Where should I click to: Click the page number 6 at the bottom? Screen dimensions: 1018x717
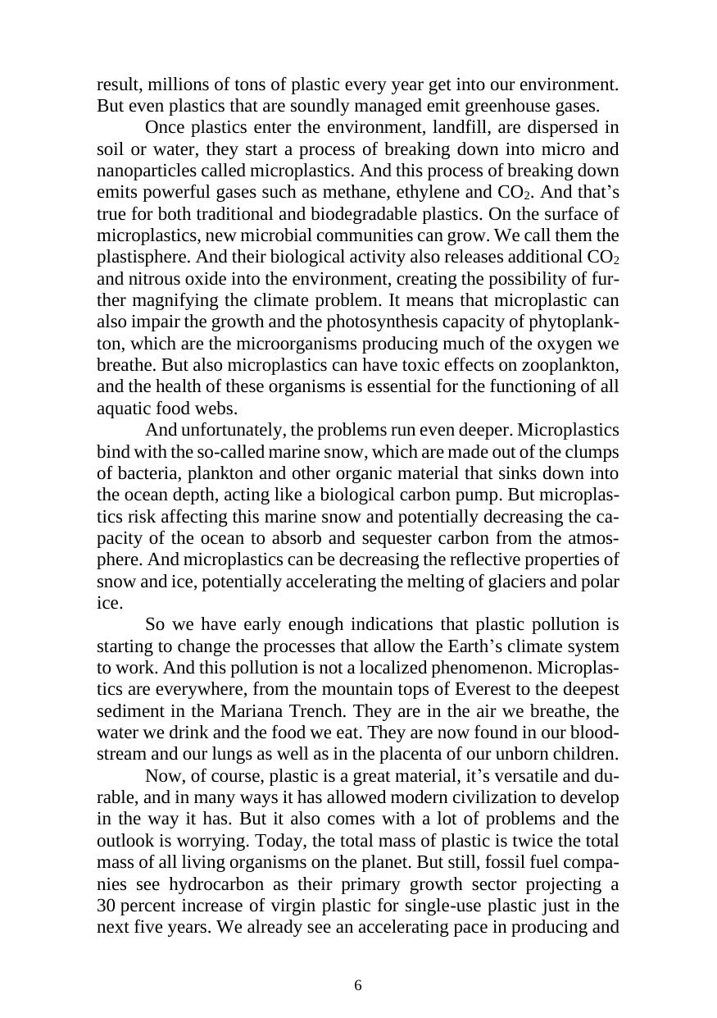(358, 985)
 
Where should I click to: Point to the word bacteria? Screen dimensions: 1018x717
(144, 473)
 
